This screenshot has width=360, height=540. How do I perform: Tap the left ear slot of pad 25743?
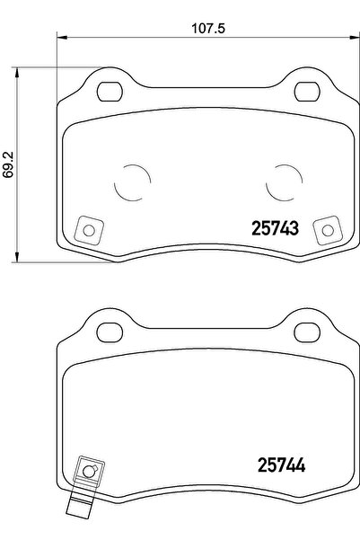coord(110,91)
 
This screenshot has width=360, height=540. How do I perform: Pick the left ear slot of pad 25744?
coord(110,329)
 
